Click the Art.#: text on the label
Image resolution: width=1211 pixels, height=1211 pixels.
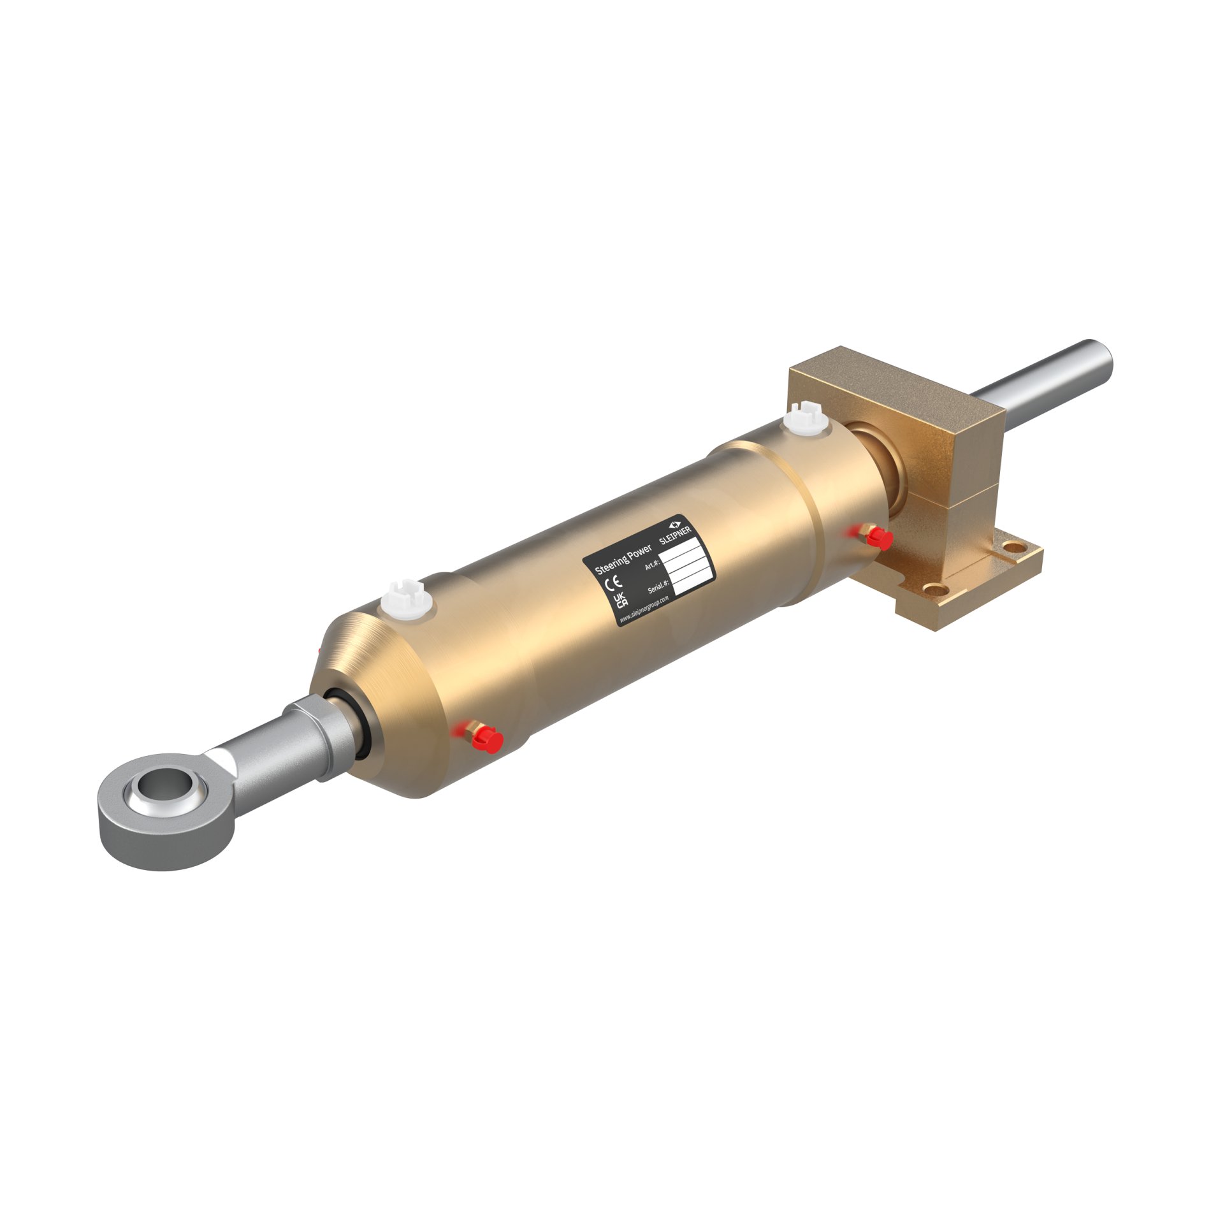point(651,563)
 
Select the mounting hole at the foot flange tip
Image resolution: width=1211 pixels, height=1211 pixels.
point(1010,546)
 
